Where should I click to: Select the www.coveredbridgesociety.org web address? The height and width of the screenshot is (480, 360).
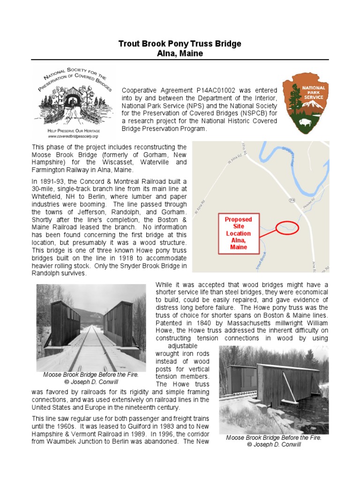72,136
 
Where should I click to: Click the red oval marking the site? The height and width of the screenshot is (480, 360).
286,228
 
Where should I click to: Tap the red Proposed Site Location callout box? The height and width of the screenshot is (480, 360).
238,233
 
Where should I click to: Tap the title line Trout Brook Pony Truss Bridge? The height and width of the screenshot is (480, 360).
180,44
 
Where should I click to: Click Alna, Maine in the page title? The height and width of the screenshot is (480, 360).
180,53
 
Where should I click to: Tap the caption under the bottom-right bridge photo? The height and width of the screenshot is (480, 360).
274,441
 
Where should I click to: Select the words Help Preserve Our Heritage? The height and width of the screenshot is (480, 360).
72,130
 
